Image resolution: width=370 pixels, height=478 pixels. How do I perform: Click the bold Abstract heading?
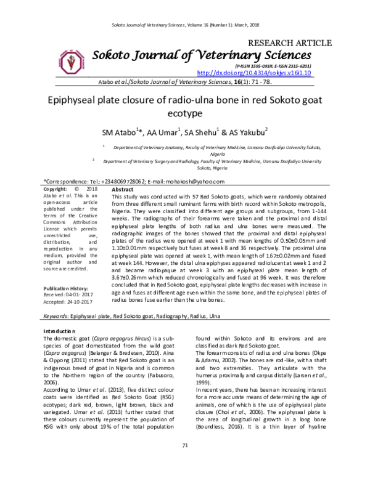[x=123, y=190]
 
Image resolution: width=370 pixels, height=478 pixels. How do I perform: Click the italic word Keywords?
[x=55, y=316]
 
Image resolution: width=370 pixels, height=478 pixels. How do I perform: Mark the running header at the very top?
[x=184, y=24]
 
